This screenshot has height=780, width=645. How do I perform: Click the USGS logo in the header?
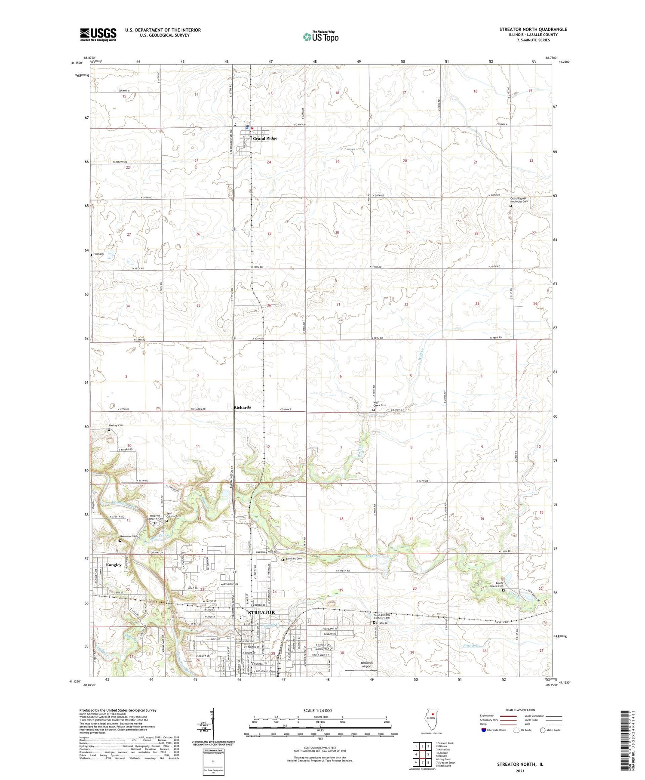click(x=98, y=34)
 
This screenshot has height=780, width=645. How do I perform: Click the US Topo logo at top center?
click(x=321, y=37)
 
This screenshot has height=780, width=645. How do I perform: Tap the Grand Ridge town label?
click(x=265, y=139)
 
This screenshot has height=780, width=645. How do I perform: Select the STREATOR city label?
click(x=261, y=612)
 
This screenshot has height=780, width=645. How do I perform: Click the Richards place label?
click(x=242, y=407)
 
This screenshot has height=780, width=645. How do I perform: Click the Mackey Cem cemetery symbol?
click(x=109, y=429)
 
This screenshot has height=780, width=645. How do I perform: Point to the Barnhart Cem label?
click(x=294, y=559)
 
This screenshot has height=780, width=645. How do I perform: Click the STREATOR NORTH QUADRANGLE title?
click(x=533, y=29)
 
